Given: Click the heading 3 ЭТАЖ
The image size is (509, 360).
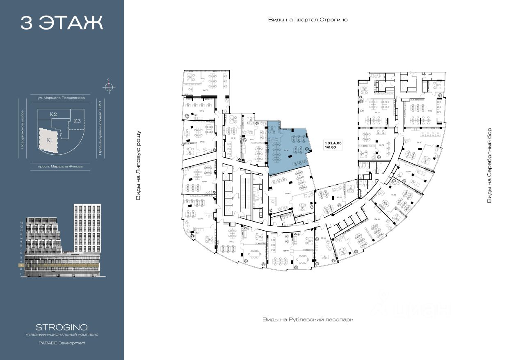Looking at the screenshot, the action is [62, 23].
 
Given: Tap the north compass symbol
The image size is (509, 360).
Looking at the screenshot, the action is [108, 87].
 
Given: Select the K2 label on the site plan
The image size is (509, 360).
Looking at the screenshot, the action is [53, 115].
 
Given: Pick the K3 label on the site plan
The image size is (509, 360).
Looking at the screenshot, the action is [78, 121].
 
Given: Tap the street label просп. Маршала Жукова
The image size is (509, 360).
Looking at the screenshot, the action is [60, 166].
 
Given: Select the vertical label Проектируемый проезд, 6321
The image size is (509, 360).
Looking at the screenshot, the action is [100, 127].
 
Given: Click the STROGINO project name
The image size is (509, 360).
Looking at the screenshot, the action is [62, 328].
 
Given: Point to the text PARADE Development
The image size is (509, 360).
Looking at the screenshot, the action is [62, 343].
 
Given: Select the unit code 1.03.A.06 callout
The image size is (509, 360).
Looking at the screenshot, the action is [333, 142].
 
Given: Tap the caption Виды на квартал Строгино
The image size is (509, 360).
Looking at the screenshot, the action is [308, 20].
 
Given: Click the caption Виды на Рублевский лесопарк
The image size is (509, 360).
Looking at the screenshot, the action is [308, 319].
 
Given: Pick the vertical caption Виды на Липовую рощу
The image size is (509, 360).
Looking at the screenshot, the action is [138, 165].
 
